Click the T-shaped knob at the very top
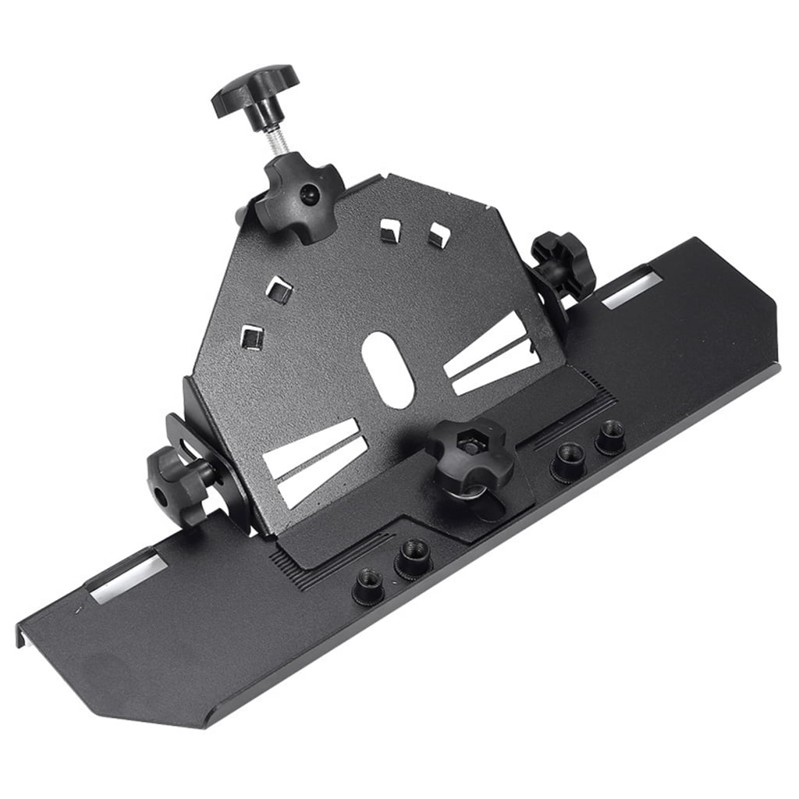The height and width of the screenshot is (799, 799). click(x=254, y=88)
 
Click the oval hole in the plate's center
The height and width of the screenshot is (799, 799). click(x=389, y=368)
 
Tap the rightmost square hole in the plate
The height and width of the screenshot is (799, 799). click(x=439, y=235)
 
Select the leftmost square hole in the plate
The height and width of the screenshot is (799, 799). click(x=251, y=337)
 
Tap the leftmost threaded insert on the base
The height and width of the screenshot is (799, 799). click(x=368, y=583)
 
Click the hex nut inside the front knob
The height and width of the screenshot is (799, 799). click(x=471, y=448)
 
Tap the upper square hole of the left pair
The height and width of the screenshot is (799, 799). click(x=279, y=290)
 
